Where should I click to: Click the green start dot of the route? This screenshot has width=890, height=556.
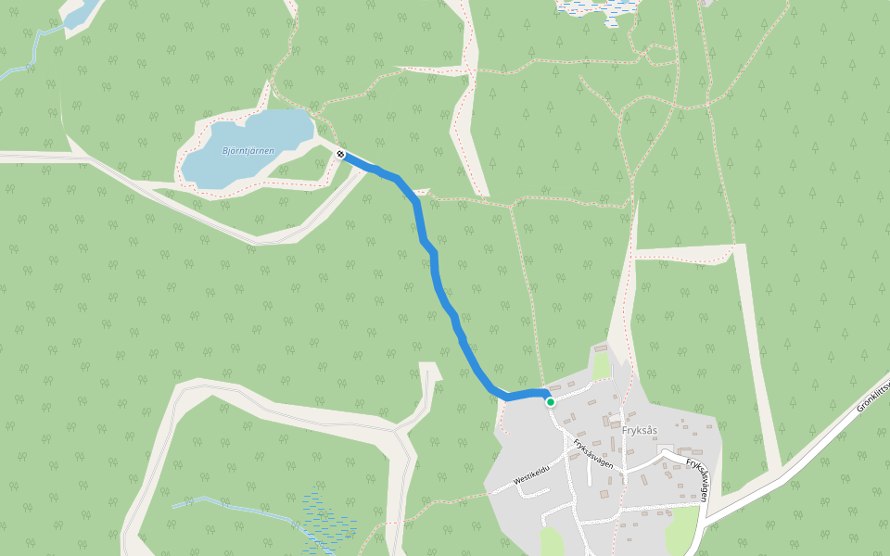[550, 401]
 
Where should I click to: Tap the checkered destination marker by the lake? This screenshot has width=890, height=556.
[341, 154]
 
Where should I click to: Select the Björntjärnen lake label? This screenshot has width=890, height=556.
[248, 150]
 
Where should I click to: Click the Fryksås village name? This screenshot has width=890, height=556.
[640, 430]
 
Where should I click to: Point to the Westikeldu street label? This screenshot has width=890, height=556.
[532, 474]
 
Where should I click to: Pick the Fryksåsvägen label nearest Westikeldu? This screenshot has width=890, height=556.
[593, 453]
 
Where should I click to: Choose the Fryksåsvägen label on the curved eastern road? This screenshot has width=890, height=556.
[697, 478]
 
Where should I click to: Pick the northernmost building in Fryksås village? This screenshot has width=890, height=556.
[600, 349]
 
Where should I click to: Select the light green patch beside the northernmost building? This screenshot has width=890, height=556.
[603, 366]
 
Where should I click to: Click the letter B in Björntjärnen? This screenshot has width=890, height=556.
[226, 151]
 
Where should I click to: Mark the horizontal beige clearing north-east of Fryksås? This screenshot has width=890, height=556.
[686, 254]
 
